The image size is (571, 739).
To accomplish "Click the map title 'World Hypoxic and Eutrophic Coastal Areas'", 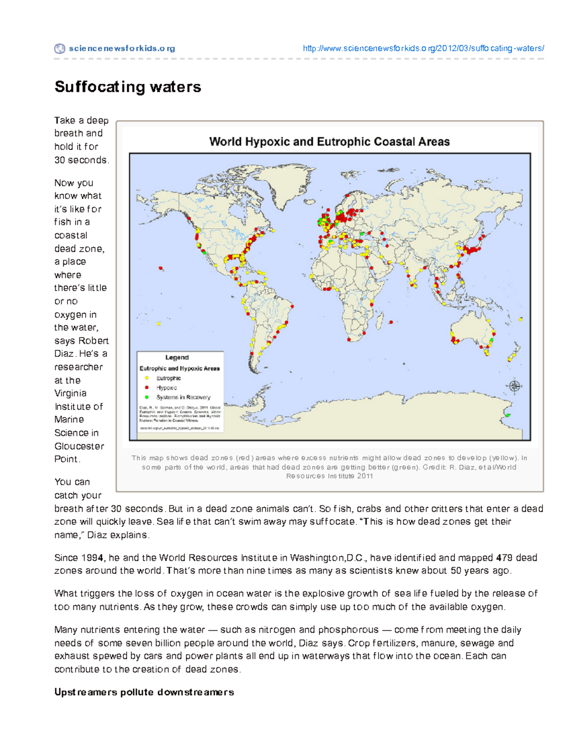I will tap(329, 142).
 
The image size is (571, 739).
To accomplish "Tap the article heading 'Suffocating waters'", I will tap(128, 87).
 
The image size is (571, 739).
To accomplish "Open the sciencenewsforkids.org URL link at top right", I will tap(423, 49).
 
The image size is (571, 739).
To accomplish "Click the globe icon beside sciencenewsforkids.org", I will tap(59, 49).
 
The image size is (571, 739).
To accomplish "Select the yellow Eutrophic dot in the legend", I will tap(147, 378).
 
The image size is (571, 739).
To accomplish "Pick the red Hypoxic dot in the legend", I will tap(147, 388).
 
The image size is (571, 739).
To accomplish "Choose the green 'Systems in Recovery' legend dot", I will tap(147, 397).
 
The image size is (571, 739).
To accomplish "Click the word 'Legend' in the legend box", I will tap(177, 357).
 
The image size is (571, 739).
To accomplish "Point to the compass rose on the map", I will tap(514, 386).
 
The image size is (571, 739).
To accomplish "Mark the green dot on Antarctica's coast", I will tap(508, 415).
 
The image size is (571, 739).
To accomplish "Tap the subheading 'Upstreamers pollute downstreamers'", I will tap(144, 692).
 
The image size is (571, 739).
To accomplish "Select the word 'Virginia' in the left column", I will tap(70, 394).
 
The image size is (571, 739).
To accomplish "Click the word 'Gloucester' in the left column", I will tap(79, 446).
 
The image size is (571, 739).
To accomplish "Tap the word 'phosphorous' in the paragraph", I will tap(348, 630).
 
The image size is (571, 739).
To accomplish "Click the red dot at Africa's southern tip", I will tap(350, 340).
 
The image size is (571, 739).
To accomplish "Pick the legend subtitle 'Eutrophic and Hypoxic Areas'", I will tap(179, 368).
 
